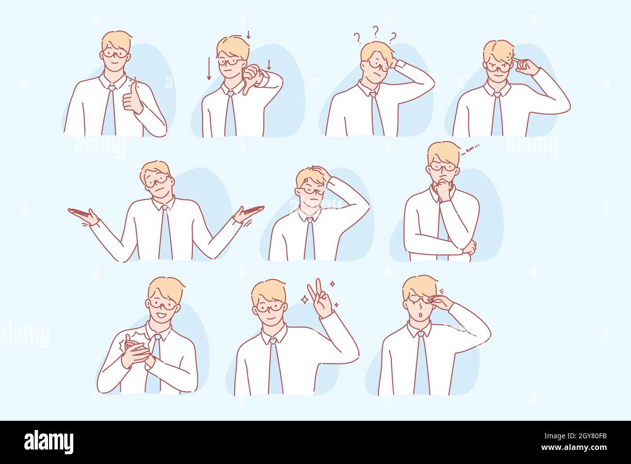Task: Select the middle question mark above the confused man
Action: point(375,32)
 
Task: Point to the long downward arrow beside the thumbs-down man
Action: point(209,68)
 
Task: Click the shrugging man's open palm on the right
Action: point(248,212)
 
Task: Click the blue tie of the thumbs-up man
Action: point(109,112)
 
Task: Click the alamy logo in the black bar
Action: point(49,442)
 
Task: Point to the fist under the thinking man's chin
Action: point(442,186)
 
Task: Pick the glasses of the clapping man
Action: point(163,304)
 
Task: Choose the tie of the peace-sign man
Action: point(275,366)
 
